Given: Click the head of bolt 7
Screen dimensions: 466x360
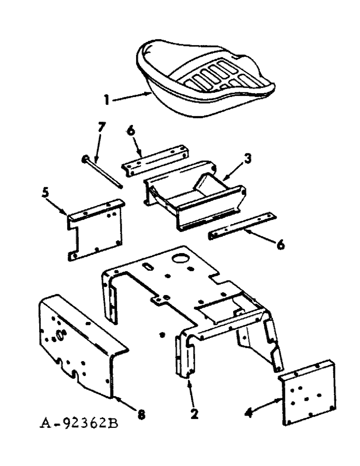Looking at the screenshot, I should coord(84,158).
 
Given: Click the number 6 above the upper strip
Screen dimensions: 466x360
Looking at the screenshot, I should coord(131,132).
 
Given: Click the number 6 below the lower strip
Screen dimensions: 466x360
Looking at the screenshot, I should coord(280,244).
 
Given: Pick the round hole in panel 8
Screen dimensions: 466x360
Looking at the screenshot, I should coord(61,335).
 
